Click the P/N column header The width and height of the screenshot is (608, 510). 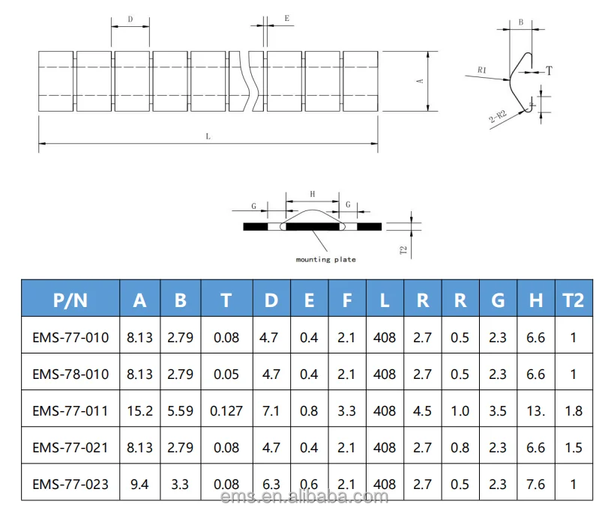coord(70,300)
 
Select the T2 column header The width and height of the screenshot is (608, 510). coord(572,300)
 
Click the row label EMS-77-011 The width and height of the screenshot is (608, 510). coord(70,410)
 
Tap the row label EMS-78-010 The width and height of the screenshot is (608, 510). coord(70,374)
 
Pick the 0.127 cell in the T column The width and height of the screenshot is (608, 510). coord(226,410)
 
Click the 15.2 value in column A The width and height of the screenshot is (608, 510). coord(139,410)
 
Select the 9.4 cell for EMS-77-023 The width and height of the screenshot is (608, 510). coord(139,484)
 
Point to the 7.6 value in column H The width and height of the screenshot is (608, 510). coord(535,484)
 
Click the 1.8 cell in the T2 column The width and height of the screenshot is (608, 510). coord(572,410)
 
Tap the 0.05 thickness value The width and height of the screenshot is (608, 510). coord(226,374)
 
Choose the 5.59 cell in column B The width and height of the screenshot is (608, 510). coord(180,410)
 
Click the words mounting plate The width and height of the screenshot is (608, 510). coord(325,260)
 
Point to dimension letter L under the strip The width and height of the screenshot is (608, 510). coord(208,136)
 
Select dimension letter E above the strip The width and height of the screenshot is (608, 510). coord(287,17)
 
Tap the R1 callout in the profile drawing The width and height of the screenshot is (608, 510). coord(482,70)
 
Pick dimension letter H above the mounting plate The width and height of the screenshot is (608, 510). coord(313,194)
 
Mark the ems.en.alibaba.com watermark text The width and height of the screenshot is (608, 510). coord(304,497)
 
